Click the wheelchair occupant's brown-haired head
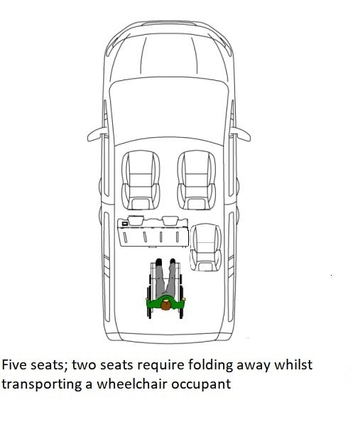[x=165, y=305]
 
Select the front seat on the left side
[x=141, y=180]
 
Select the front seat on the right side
[x=197, y=180]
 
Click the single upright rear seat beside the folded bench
[x=206, y=247]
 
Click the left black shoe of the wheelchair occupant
[x=159, y=262]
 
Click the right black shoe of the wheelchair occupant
[x=173, y=262]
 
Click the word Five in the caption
[x=14, y=365]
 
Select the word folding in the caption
[x=210, y=366]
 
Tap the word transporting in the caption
[x=42, y=384]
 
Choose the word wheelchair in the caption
[x=132, y=384]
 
